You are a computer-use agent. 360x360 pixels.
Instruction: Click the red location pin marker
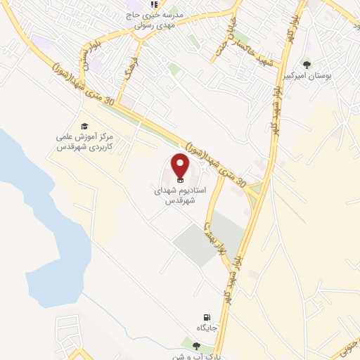pos(181,166)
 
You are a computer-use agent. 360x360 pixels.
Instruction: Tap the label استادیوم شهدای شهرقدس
pos(179,195)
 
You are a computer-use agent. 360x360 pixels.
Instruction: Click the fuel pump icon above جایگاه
pos(206,317)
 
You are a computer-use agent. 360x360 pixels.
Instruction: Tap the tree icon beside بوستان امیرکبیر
pos(307,65)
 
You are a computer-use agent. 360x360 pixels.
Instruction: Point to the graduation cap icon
pos(84,126)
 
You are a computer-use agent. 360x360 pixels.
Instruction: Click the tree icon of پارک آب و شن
pos(195,345)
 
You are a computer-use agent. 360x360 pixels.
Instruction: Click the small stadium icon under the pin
pos(181,181)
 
